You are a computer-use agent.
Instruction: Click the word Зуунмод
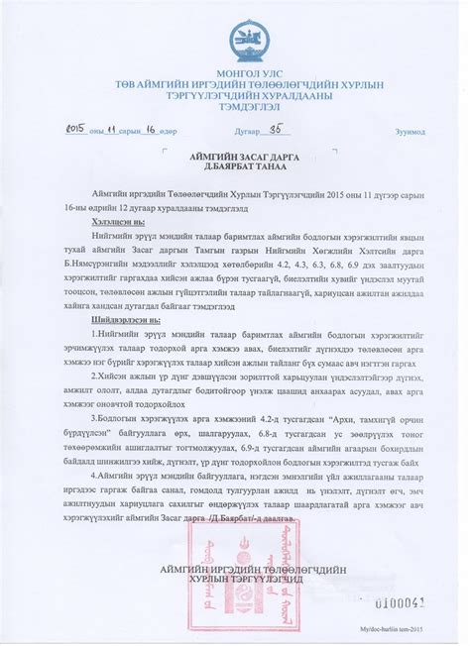point(409,131)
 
